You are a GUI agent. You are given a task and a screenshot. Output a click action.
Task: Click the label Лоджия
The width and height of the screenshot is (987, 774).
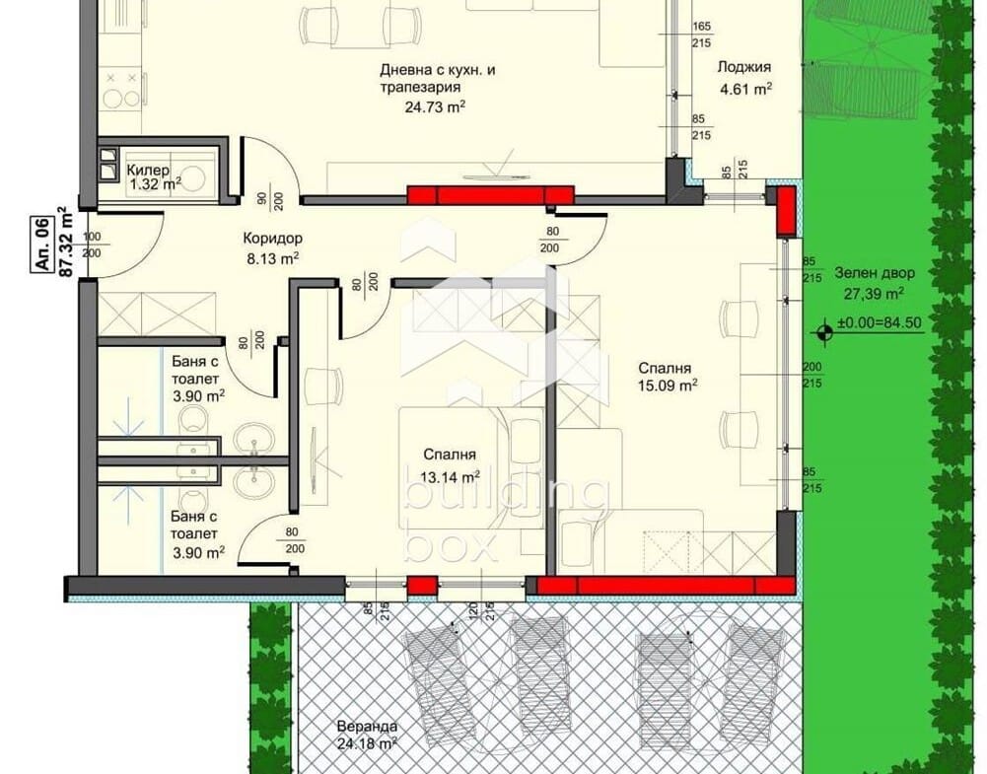click(x=744, y=67)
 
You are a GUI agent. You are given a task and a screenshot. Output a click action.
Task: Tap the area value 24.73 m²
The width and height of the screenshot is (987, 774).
click(x=435, y=106)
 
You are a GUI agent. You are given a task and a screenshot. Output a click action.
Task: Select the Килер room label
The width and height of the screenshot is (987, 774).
click(x=148, y=170)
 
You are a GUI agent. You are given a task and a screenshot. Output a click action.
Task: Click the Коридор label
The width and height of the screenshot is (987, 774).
click(x=272, y=239)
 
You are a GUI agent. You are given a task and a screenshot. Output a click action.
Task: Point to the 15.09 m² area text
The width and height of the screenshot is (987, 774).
click(x=668, y=386)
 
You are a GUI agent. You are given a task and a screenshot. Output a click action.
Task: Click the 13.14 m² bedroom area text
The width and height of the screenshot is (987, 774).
click(x=450, y=477)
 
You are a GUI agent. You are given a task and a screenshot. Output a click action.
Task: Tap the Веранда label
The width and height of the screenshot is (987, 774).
click(x=367, y=725)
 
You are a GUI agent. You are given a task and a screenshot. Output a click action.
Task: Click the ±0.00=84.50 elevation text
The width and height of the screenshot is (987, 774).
click(x=880, y=323)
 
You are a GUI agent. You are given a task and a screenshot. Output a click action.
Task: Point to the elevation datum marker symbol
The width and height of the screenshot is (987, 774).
click(x=824, y=331)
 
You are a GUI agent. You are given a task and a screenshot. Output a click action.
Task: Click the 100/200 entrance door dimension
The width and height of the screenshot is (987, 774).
click(x=92, y=245)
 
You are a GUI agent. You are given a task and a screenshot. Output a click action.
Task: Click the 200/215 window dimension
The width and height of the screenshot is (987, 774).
click(x=812, y=375)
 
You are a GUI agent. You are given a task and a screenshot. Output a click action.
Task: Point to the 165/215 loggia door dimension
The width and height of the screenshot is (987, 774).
click(x=701, y=35)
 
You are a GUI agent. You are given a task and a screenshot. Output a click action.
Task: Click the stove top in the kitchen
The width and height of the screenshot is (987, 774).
click(x=121, y=93)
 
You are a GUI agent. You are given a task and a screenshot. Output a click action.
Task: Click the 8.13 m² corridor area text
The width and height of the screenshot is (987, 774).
click(x=272, y=258)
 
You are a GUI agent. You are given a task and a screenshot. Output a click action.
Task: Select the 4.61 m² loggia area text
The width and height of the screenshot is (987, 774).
click(x=745, y=88)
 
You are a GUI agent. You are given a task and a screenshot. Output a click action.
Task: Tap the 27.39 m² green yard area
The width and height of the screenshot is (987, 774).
click(x=875, y=293)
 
